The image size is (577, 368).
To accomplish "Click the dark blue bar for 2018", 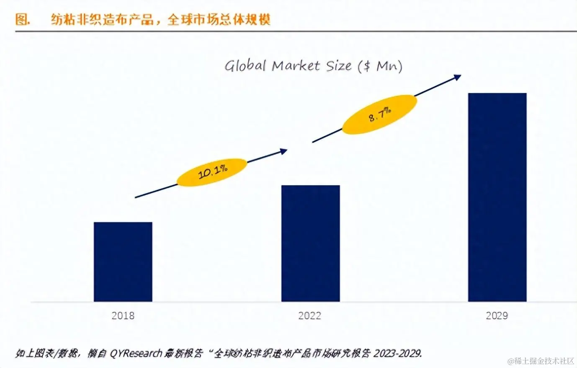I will (x=123, y=262).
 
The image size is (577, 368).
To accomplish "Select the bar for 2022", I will (x=310, y=243).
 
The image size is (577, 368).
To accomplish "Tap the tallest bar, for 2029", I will (x=497, y=197).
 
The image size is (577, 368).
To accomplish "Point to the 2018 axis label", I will (x=123, y=316).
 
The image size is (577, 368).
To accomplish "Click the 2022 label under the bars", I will (x=309, y=316).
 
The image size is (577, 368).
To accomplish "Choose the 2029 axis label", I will (x=497, y=316).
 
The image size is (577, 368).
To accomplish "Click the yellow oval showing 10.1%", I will (x=212, y=172).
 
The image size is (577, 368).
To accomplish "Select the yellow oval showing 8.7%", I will (x=379, y=114).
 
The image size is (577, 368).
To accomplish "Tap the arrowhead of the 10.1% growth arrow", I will (x=284, y=151).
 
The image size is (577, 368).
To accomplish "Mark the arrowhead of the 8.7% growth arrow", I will (x=458, y=77).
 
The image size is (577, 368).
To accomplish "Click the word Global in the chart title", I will (x=245, y=66).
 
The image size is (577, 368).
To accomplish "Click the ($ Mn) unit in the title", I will (x=380, y=66).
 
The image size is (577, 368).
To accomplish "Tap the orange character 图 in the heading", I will (x=22, y=19).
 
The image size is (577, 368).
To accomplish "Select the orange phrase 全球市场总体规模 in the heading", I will (x=219, y=19).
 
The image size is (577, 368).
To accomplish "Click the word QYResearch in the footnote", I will (x=136, y=353).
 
